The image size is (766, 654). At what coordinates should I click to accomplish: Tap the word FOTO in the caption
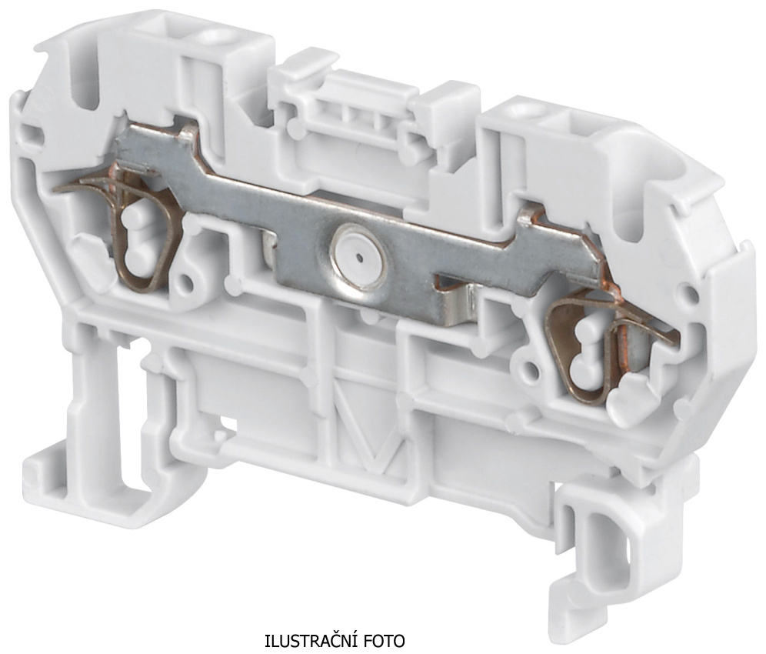[388, 640]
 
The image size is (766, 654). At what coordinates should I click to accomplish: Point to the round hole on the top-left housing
[214, 36]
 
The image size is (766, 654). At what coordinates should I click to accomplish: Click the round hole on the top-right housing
[528, 112]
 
